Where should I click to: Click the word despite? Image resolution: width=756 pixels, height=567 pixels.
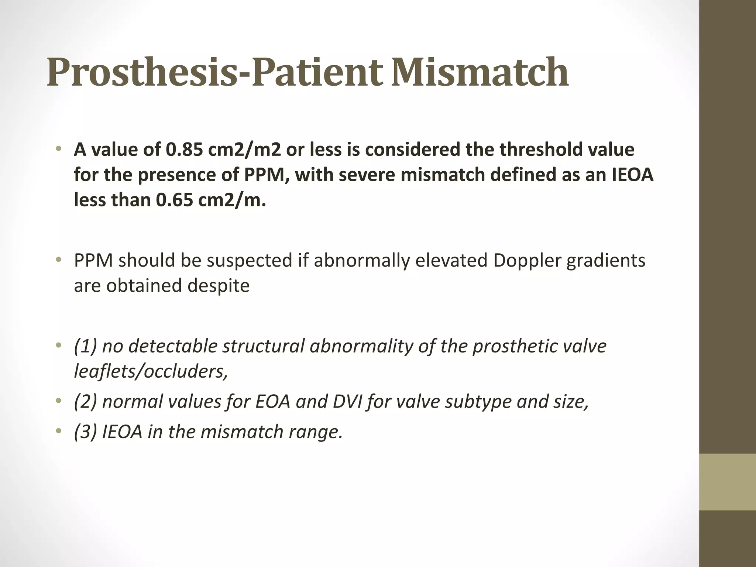pyautogui.click(x=215, y=285)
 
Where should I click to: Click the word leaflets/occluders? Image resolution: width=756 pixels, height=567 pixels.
pyautogui.click(x=151, y=371)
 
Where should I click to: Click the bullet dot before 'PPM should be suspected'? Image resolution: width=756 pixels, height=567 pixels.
pyautogui.click(x=58, y=260)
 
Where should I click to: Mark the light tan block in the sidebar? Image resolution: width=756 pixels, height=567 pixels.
pyautogui.click(x=727, y=482)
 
